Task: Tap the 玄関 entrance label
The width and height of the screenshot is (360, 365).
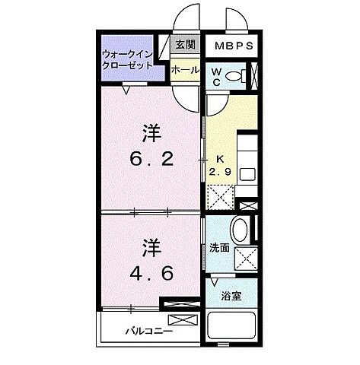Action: coord(185,45)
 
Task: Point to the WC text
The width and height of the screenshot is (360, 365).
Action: coord(216,78)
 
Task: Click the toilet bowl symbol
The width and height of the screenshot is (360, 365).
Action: coord(238,75)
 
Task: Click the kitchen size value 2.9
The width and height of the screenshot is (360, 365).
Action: coord(220,170)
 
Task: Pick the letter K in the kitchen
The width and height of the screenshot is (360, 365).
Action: coord(219,158)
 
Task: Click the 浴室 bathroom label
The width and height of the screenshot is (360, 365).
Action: coord(231,296)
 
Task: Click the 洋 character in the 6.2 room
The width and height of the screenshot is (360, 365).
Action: coord(151,132)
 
